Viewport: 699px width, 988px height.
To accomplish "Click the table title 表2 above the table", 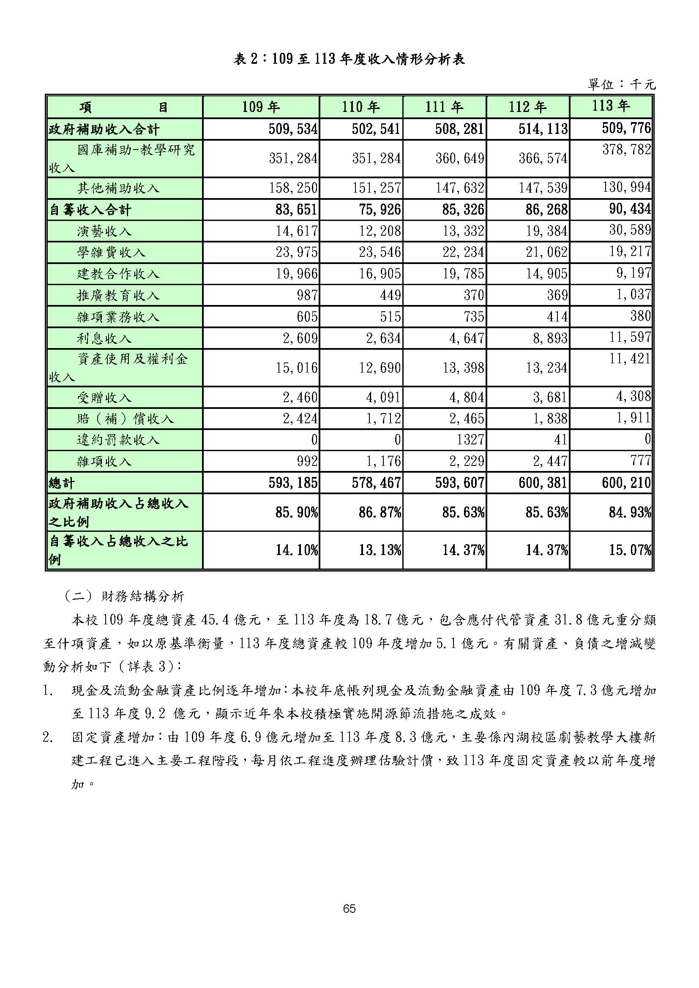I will point(349,59).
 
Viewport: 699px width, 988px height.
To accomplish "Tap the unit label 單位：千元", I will point(621,84).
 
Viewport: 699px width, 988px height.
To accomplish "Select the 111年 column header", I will point(444,107).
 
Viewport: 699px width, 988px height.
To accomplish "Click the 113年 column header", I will point(611,106).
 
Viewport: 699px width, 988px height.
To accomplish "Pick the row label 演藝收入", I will point(104,231).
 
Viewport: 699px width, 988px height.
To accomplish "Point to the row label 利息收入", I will point(104,339).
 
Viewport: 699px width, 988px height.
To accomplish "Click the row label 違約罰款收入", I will point(118,440).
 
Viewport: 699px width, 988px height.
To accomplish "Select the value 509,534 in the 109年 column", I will point(293,129).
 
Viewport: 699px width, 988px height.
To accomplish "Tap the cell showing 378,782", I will point(626,150).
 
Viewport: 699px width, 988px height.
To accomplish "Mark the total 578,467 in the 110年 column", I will point(376,483).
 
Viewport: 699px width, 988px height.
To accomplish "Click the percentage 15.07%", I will point(630,550).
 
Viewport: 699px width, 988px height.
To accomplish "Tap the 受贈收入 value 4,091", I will point(383,397).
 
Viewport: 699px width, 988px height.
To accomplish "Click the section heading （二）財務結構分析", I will point(124,596).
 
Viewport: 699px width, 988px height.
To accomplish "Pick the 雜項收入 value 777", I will point(641,461).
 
